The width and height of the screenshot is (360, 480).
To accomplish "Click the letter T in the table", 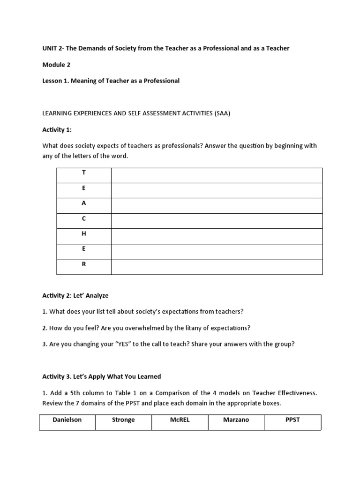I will [x=84, y=173].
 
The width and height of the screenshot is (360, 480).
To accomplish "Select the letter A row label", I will [x=84, y=203].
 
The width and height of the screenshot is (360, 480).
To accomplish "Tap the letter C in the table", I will [x=84, y=218].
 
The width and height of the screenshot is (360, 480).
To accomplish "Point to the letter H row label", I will [x=84, y=233].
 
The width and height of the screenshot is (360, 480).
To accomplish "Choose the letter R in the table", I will [x=84, y=264].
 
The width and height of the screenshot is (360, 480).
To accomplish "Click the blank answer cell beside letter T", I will [x=217, y=175].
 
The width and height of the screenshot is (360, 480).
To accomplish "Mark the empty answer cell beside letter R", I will [x=217, y=267].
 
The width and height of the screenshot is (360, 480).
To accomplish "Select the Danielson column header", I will [x=67, y=420].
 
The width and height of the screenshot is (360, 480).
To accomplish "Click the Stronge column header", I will [x=123, y=420].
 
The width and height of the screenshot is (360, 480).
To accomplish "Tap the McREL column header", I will [x=180, y=420].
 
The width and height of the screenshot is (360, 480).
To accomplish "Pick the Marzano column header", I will [x=236, y=420].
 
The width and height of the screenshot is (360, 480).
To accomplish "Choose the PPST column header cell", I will [x=292, y=420].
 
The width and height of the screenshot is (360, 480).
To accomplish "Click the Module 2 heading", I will [x=56, y=65].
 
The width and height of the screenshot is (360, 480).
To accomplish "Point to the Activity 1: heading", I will [x=57, y=129].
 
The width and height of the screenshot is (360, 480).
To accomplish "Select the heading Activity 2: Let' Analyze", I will [x=75, y=295].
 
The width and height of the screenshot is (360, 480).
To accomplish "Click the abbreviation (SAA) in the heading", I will [x=223, y=113].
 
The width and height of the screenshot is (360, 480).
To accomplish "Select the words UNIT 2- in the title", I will [x=53, y=48].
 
